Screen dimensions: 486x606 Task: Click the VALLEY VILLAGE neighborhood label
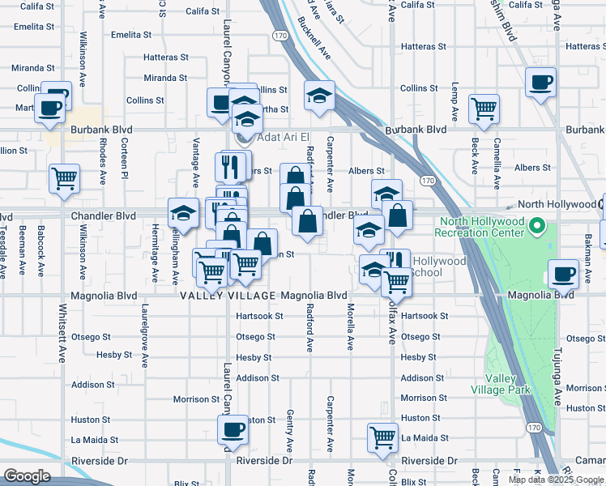click(224, 296)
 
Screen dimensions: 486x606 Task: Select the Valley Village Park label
click(508, 384)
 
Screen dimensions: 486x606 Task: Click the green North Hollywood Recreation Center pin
click(536, 224)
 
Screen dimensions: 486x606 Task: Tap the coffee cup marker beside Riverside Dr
click(233, 431)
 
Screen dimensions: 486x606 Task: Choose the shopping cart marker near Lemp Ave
click(484, 109)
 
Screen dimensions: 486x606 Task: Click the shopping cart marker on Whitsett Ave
click(64, 179)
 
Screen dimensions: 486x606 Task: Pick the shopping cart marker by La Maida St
click(382, 437)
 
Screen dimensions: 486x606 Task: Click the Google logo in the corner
click(28, 476)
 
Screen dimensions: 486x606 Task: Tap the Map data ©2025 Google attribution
click(557, 480)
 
